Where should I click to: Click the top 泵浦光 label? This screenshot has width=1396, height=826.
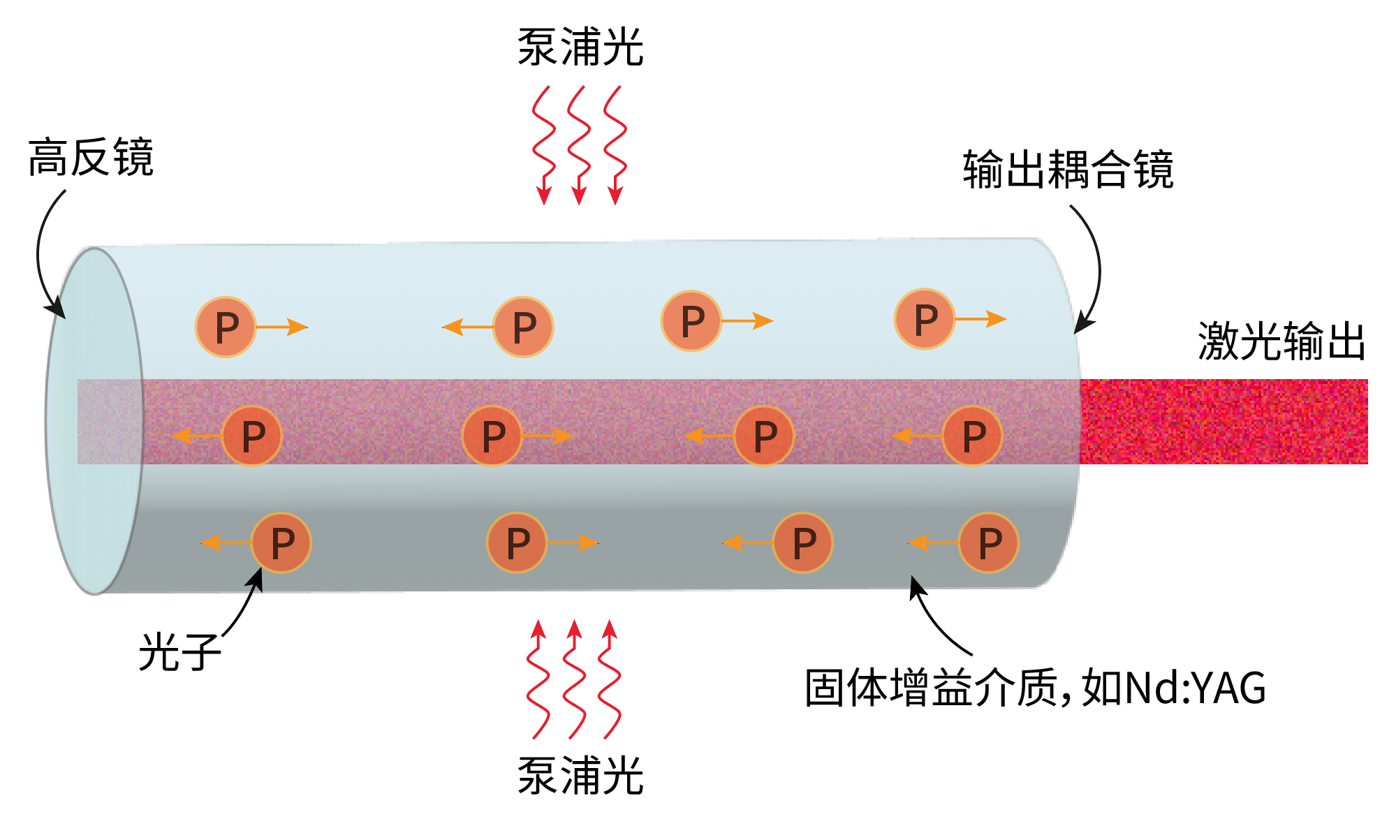[580, 47]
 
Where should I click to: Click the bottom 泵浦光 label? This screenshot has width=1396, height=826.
[580, 776]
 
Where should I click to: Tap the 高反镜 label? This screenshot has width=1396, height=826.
[91, 158]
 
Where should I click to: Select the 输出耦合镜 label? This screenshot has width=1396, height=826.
[1068, 170]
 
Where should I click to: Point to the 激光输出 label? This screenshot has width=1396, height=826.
[1281, 341]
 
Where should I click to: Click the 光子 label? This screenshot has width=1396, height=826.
[179, 653]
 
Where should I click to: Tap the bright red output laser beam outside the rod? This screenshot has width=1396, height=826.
[1222, 422]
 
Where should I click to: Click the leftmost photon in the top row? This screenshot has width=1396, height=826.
[226, 327]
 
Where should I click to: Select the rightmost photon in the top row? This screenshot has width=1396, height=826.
[925, 319]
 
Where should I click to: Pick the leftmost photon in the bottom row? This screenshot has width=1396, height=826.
[281, 543]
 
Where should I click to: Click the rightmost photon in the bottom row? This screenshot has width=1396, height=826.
[989, 543]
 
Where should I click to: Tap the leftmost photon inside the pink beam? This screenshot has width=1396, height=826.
[252, 436]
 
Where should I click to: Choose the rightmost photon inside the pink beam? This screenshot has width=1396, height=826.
[973, 436]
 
